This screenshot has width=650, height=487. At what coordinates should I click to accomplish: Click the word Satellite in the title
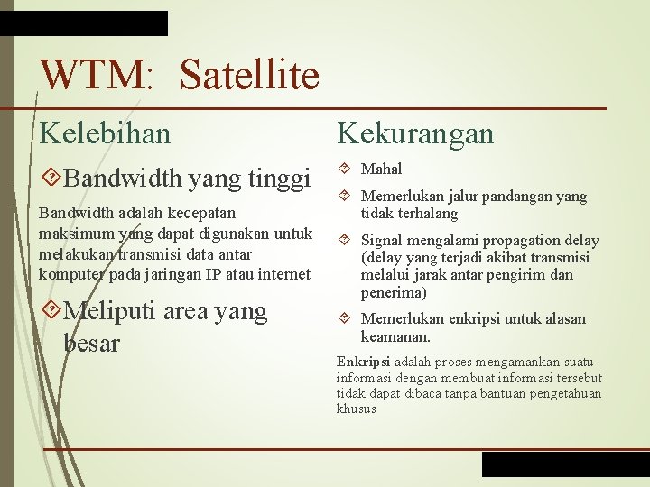(249, 76)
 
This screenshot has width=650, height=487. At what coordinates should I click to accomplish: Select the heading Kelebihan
(105, 133)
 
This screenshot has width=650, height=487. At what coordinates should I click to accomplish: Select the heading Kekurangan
(415, 133)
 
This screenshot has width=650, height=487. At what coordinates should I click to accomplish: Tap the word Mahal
(381, 169)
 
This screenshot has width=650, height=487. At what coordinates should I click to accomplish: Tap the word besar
(91, 343)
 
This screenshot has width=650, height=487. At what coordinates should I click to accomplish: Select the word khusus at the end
(356, 409)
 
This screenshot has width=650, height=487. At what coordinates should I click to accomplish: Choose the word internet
(283, 273)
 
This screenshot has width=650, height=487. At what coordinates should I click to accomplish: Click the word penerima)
(395, 292)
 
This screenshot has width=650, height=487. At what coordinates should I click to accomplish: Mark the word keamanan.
(395, 336)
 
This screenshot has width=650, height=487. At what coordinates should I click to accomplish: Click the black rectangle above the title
(84, 23)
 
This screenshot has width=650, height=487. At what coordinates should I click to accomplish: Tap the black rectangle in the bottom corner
(565, 464)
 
